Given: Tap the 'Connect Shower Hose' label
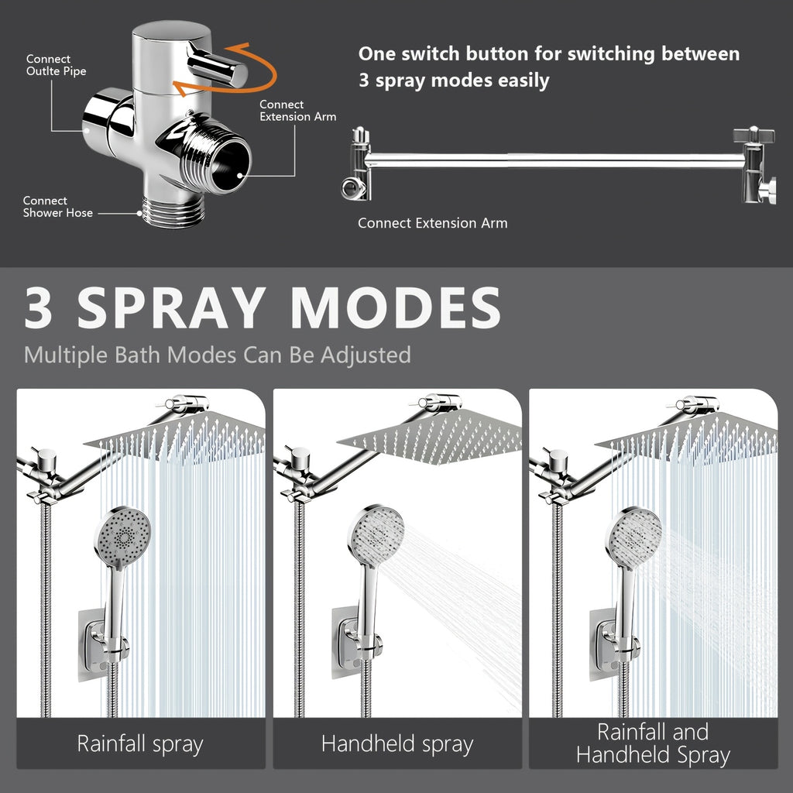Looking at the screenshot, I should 57,207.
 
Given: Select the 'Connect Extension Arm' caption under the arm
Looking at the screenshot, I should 432,223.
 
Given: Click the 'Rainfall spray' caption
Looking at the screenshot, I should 140,744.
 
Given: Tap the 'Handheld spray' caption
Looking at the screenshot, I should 396,744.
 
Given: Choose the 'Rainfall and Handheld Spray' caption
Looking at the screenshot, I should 653,743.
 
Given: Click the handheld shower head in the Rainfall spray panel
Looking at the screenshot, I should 122,534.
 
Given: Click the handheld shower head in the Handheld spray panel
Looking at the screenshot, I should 375,534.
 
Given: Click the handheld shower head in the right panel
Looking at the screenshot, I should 633,534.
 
